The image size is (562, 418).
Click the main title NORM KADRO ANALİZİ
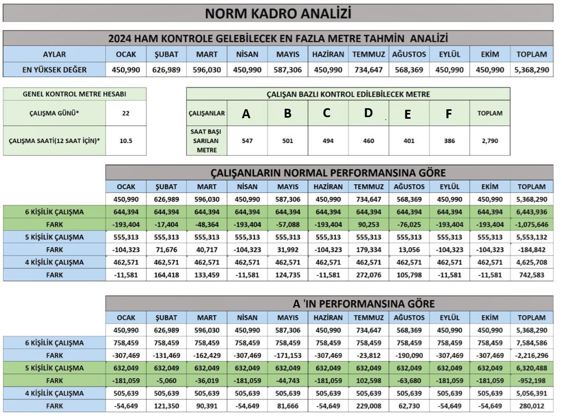[278, 13]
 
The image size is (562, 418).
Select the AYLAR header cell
[54, 54]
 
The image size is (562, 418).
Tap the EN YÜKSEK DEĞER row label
[54, 70]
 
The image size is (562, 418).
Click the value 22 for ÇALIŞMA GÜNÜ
[126, 113]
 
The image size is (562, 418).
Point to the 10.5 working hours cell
[126, 141]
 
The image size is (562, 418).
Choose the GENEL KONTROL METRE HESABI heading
[74, 94]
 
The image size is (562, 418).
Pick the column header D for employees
[368, 113]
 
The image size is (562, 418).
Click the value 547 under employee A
[246, 141]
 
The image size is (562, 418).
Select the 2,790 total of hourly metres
[490, 141]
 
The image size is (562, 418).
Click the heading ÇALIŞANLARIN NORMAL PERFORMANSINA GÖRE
[328, 173]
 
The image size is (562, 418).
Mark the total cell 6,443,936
[531, 212]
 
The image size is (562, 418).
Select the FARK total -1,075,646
[531, 224]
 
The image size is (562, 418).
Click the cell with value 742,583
[531, 275]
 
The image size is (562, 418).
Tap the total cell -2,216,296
[531, 355]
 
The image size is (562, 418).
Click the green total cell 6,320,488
[531, 368]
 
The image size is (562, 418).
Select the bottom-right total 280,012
[531, 406]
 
